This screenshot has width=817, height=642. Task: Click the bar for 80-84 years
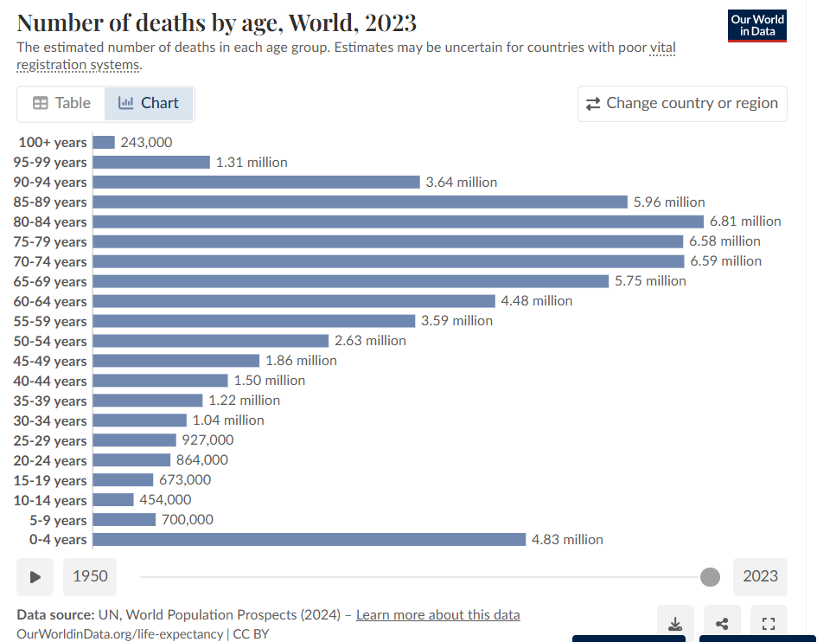[398, 221]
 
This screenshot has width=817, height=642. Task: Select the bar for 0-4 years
[309, 540]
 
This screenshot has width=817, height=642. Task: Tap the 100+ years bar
[104, 142]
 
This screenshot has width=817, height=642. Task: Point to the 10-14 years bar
[113, 500]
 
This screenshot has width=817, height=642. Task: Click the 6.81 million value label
[745, 221]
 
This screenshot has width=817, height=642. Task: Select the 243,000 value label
[147, 142]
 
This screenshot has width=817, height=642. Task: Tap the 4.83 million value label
[567, 540]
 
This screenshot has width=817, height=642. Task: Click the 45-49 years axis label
[51, 361]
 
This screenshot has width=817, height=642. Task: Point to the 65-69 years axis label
[51, 281]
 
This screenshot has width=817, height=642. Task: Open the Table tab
[61, 103]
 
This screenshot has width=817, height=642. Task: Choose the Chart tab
[149, 103]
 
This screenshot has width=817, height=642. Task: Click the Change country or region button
[682, 104]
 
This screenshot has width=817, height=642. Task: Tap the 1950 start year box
[90, 576]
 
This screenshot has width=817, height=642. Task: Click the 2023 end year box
[760, 576]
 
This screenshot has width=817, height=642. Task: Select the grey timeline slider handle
[710, 577]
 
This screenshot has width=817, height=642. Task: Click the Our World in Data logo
[757, 26]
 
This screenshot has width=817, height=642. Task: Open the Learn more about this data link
[438, 615]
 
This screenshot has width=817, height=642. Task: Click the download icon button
[676, 624]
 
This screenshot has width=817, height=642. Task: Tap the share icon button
[722, 624]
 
